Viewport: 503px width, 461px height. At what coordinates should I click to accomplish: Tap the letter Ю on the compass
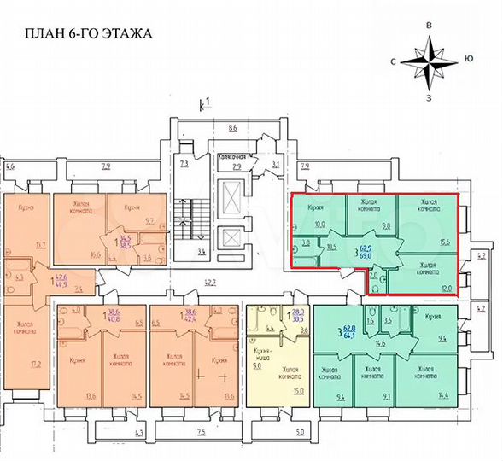(469, 58)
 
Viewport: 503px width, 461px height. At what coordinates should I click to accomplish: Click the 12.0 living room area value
(445, 287)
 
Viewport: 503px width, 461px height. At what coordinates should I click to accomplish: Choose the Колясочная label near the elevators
(233, 157)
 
